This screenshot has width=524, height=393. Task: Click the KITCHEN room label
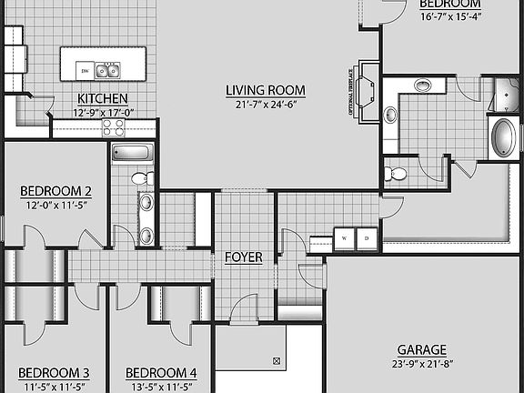[102, 99]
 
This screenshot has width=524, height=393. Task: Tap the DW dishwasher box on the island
[84, 69]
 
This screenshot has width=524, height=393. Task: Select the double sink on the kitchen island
[108, 69]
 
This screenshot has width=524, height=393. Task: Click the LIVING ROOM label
[265, 90]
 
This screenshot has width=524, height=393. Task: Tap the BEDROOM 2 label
[55, 191]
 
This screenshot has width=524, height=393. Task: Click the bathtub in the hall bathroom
[134, 152]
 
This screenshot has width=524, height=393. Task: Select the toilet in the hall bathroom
[141, 178]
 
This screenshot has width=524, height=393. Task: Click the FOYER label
[244, 257]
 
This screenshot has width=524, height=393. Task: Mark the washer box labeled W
[345, 238]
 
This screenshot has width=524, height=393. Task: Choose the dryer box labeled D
[367, 238]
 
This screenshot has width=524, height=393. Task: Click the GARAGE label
[421, 349]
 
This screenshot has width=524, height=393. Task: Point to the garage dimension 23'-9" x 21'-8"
[421, 363]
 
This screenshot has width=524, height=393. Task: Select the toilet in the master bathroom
[396, 173]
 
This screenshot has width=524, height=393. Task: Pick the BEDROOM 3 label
[54, 373]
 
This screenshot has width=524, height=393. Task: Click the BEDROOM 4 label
[160, 373]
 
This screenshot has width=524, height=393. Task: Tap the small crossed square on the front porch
[276, 362]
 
